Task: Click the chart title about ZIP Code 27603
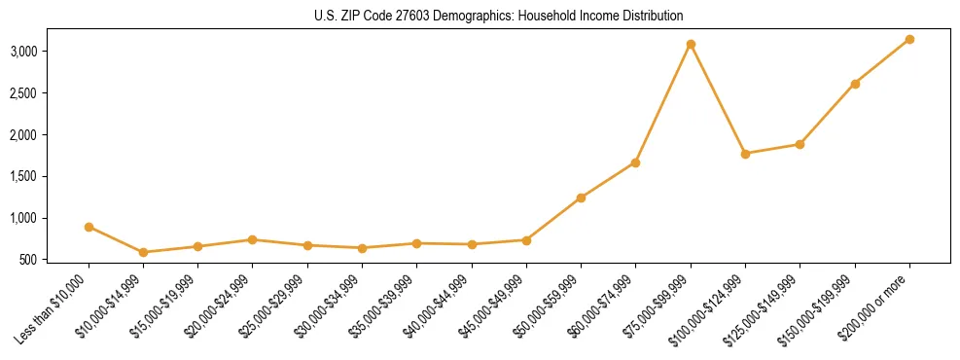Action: (480, 16)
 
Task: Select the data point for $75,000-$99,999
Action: (691, 44)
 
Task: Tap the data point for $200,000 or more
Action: (909, 39)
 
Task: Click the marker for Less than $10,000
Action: (89, 227)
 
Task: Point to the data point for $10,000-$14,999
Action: (143, 252)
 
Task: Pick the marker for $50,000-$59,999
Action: (581, 198)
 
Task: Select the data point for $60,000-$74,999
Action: (635, 162)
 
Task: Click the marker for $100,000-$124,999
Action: (745, 154)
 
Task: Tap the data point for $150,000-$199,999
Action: (855, 84)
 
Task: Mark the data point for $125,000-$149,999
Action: (800, 144)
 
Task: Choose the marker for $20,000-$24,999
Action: (252, 239)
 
